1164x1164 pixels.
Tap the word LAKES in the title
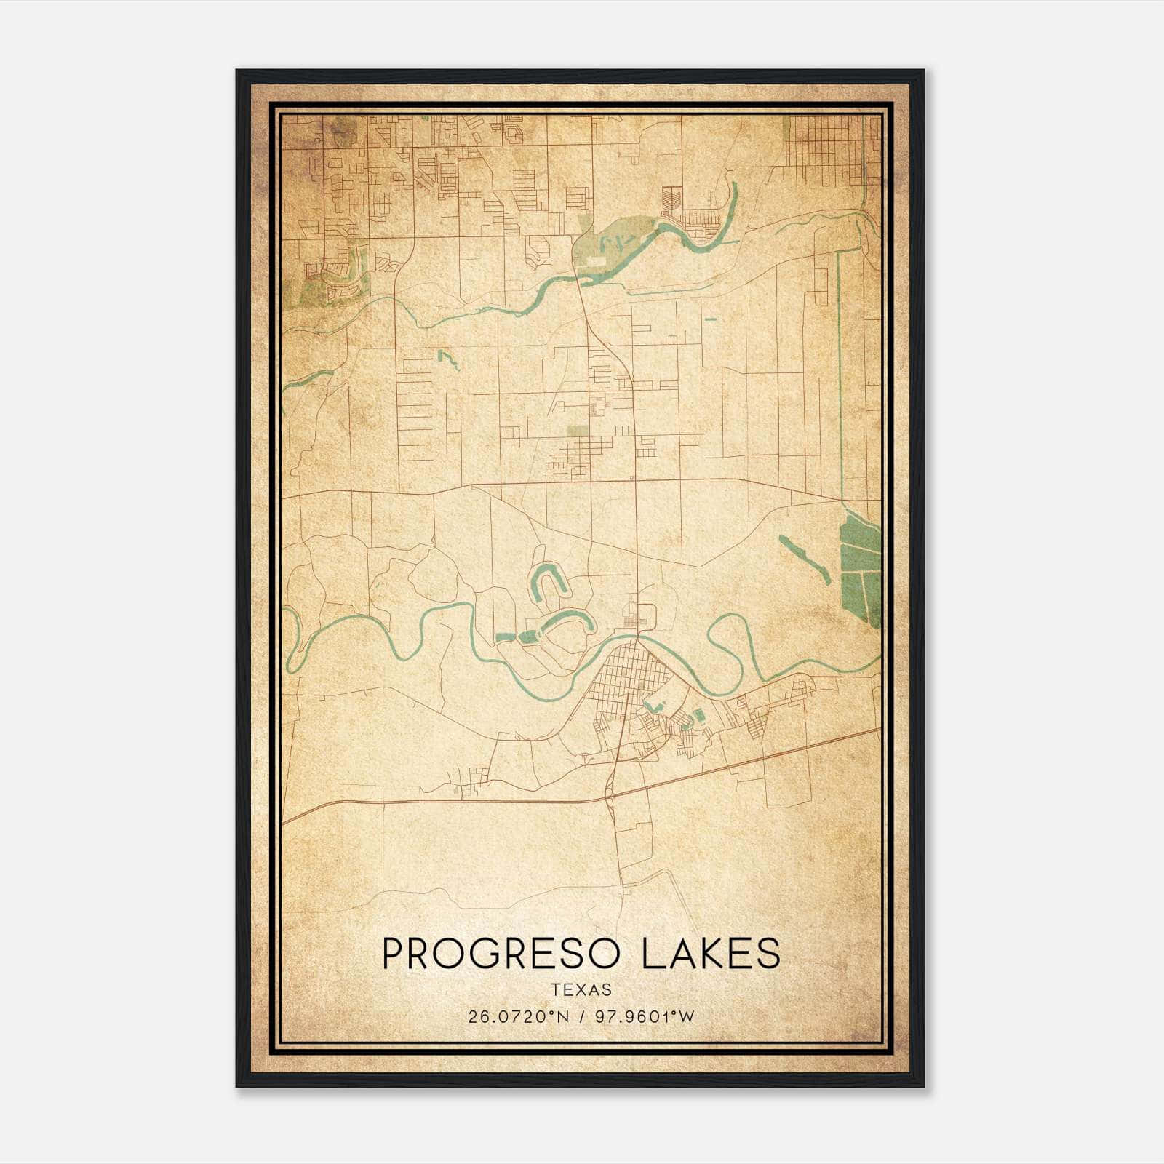711,953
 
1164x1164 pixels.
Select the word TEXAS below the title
581,989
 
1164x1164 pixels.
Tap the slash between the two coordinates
583,1016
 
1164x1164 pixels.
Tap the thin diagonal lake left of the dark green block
804,559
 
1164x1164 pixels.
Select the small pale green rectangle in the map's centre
578,431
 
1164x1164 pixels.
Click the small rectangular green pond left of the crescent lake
503,637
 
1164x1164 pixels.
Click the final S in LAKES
768,953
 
